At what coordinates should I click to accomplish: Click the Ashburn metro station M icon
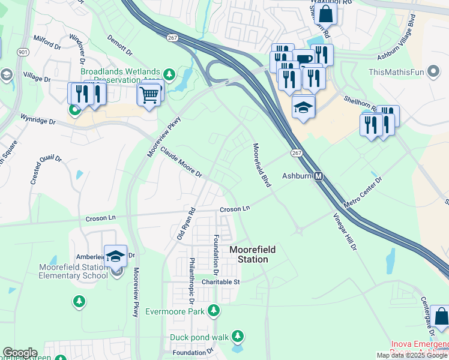pyautogui.click(x=319, y=176)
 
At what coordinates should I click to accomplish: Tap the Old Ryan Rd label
pyautogui.click(x=187, y=224)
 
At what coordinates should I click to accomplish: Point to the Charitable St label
pyautogui.click(x=220, y=281)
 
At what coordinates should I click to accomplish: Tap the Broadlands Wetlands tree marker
pyautogui.click(x=170, y=74)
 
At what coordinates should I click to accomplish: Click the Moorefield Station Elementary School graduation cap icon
pyautogui.click(x=115, y=256)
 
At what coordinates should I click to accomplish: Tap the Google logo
pyautogui.click(x=20, y=353)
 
